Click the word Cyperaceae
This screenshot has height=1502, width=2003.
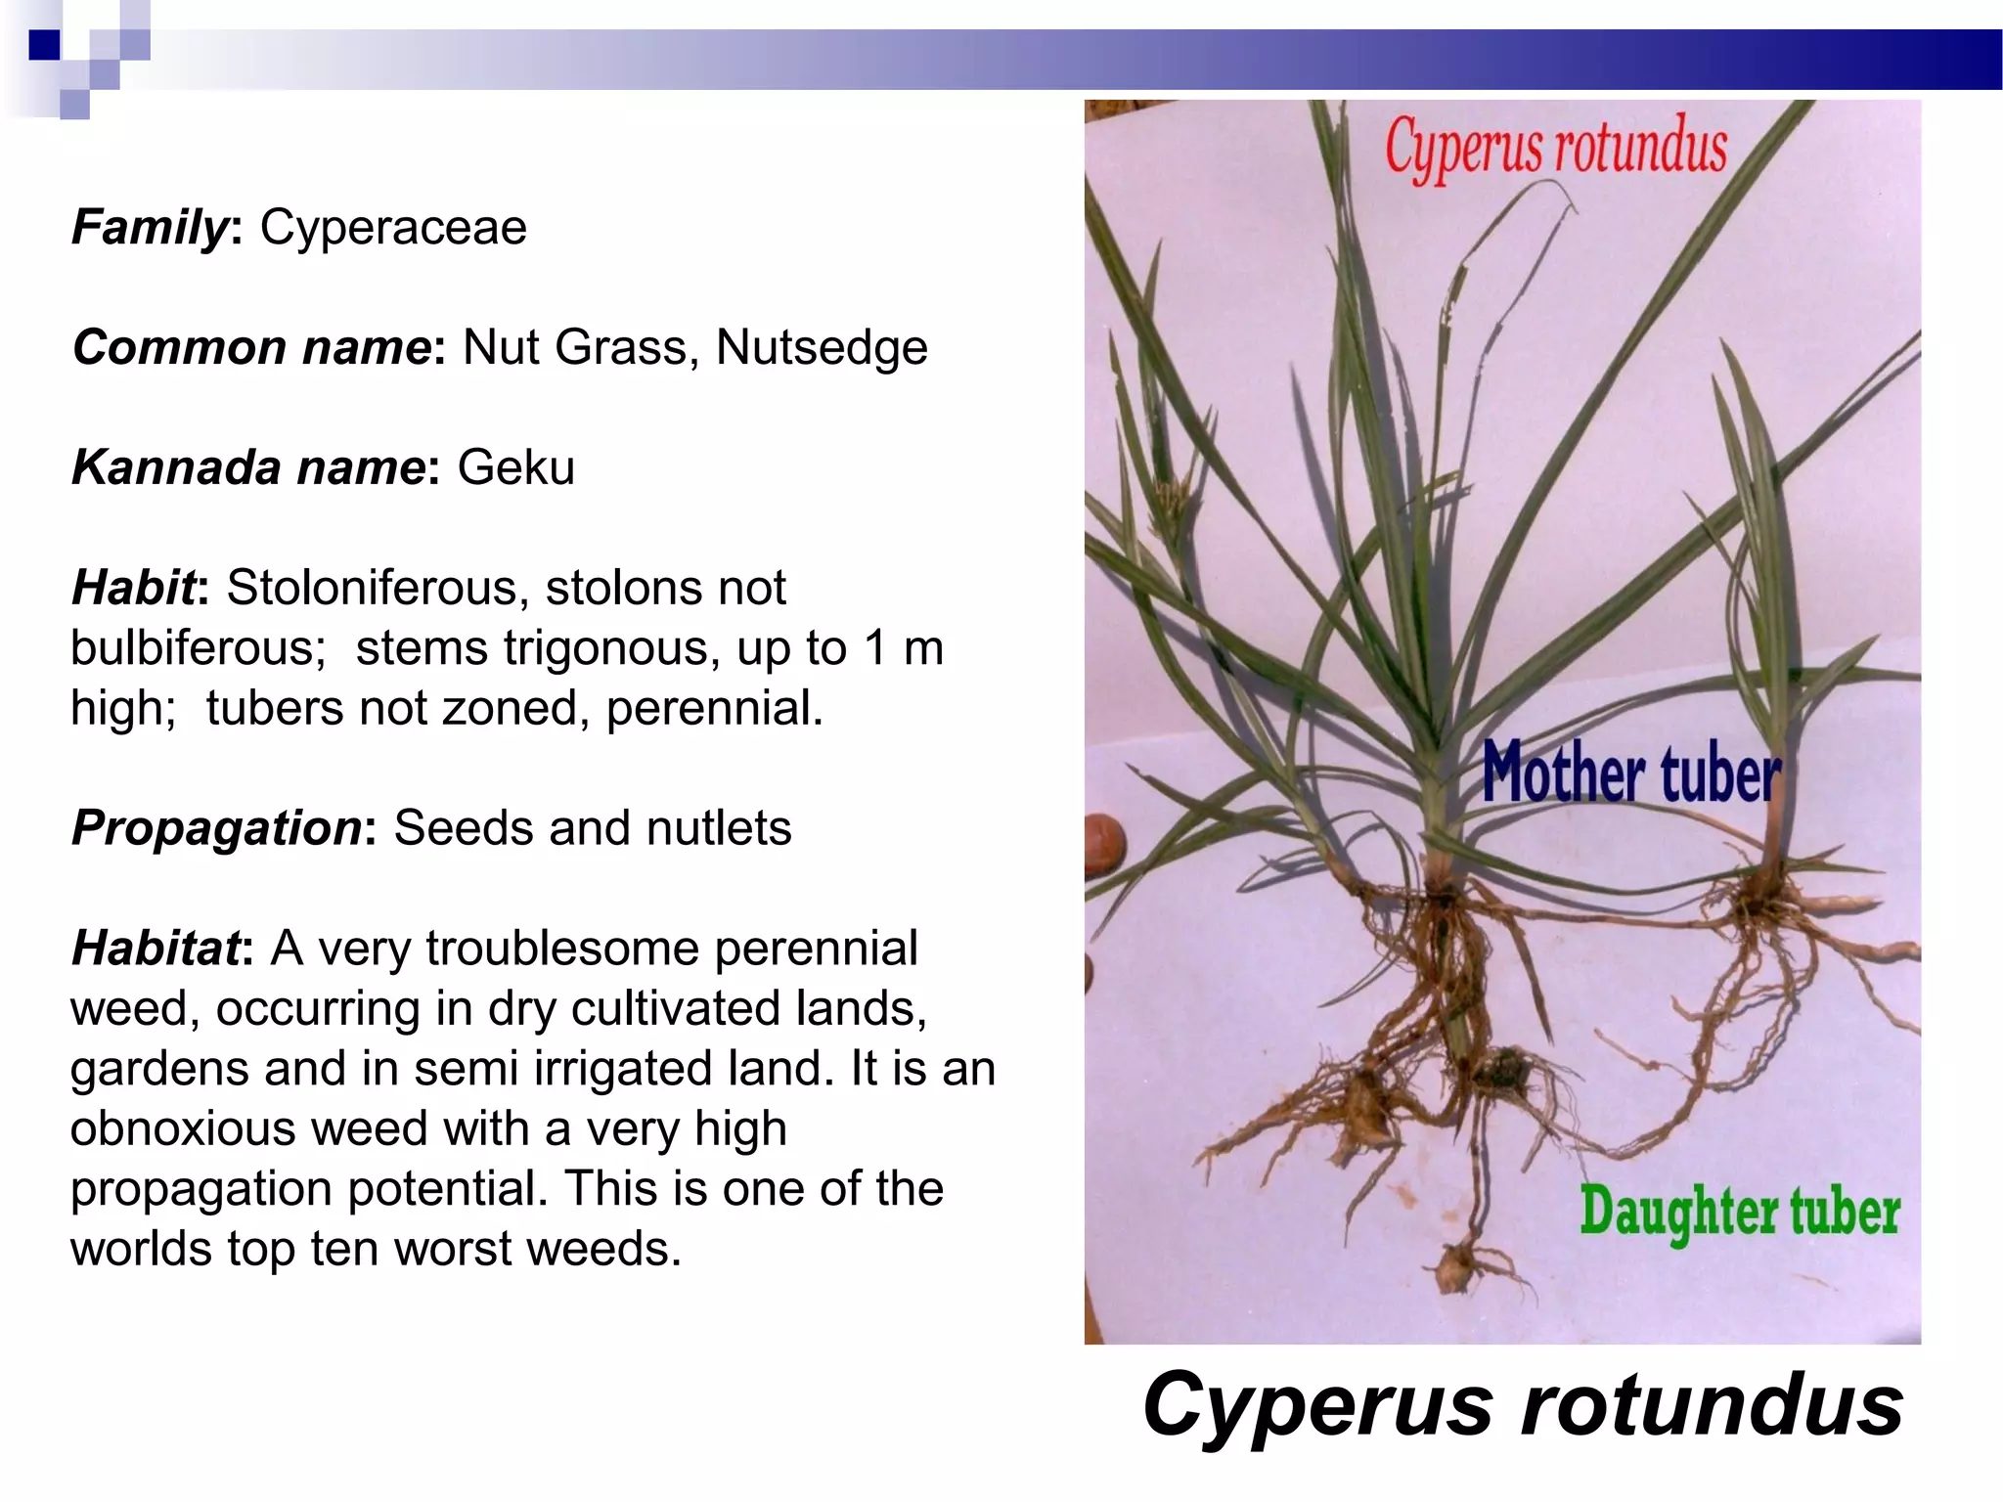click(x=393, y=228)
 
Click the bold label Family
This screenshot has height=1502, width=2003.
click(x=150, y=228)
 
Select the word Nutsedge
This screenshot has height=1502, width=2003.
click(x=822, y=348)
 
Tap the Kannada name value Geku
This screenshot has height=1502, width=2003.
click(x=515, y=467)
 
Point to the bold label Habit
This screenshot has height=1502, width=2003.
click(x=134, y=588)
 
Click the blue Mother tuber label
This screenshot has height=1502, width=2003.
click(x=1630, y=773)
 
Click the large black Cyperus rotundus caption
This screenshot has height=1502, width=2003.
click(x=1522, y=1404)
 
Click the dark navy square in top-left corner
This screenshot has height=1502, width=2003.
click(x=44, y=45)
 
